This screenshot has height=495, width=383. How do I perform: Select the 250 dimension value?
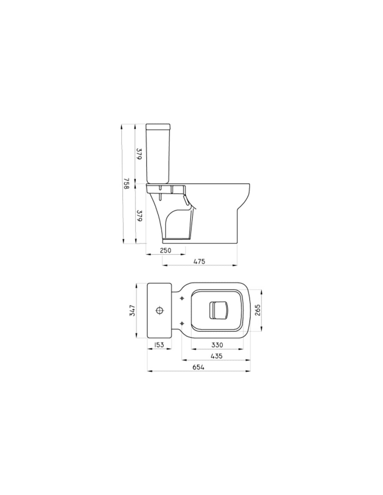point(165,250)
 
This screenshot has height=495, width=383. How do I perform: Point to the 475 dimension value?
point(200,261)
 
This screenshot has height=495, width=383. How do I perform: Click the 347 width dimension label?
point(132,311)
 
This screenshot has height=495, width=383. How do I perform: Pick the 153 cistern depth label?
point(159,345)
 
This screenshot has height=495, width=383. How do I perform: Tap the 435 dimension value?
point(217,356)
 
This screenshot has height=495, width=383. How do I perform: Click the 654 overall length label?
point(199,367)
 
